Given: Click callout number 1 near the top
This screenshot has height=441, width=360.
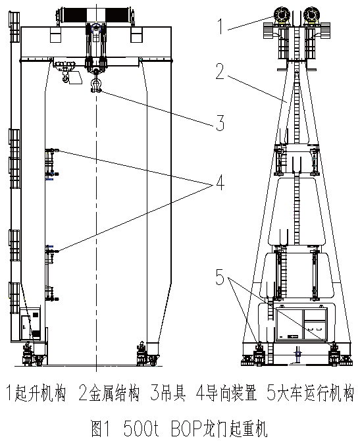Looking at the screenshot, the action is pyautogui.click(x=220, y=26).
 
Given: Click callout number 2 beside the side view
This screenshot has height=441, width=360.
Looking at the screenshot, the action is pyautogui.click(x=220, y=71).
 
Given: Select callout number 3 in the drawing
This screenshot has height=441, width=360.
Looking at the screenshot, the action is pyautogui.click(x=220, y=122).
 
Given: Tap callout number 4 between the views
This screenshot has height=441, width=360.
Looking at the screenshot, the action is pyautogui.click(x=220, y=182).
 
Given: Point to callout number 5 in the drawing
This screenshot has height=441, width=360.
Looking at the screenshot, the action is pyautogui.click(x=220, y=276).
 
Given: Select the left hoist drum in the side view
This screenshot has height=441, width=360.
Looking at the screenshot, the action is pyautogui.click(x=282, y=14).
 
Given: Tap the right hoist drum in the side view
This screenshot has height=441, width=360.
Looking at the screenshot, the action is pyautogui.click(x=311, y=14).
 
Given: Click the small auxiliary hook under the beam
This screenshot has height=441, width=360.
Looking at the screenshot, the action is pyautogui.click(x=65, y=78).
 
